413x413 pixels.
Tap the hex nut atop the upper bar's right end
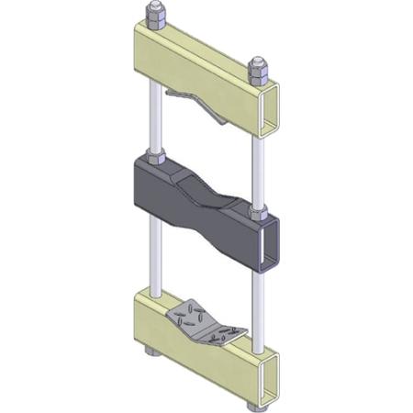tap(259, 70)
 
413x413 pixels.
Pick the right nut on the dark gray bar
tap(259, 215)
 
